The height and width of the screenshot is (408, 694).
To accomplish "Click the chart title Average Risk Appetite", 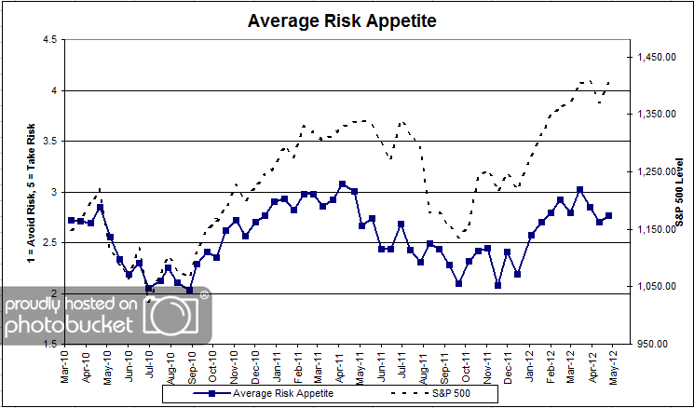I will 346,20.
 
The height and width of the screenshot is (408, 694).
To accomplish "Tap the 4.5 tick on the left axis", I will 48,40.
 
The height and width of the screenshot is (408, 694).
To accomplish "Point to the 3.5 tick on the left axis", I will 48,142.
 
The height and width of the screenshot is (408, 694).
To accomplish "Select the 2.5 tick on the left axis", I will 48,243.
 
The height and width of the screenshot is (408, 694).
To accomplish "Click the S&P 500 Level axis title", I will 681,191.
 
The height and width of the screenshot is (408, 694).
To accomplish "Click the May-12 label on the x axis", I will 615,364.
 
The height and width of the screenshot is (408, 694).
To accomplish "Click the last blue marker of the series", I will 609,215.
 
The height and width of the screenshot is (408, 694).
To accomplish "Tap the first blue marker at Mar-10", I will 72,221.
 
